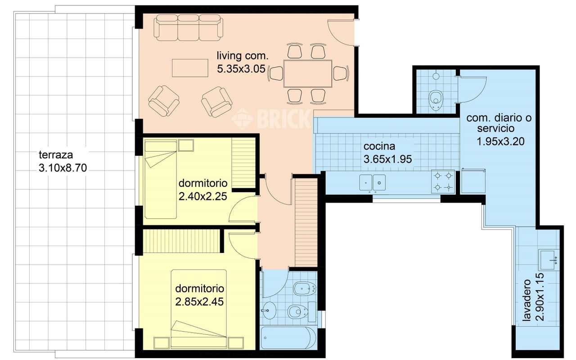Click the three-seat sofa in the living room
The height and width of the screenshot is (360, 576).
[189, 28]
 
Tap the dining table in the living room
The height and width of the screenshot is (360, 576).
[307, 74]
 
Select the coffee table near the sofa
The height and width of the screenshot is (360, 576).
[190, 68]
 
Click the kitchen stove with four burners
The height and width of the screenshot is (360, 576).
[443, 181]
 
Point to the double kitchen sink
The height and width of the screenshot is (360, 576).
[372, 183]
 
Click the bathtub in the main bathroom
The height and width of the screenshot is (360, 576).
[288, 337]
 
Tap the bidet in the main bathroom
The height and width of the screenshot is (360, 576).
[305, 288]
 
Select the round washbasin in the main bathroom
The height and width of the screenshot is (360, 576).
[269, 310]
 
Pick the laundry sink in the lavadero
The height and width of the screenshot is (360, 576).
[549, 260]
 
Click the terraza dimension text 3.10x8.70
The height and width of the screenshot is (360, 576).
[63, 168]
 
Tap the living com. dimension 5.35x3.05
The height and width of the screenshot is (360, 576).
[241, 69]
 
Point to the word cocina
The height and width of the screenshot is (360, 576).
[379, 146]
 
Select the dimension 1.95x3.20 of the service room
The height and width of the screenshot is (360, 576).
[500, 142]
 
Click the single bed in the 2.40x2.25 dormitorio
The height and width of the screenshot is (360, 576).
[161, 179]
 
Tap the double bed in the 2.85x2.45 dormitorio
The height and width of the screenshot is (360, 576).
[199, 309]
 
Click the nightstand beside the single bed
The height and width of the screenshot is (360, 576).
[186, 145]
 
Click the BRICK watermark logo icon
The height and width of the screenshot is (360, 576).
[242, 119]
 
